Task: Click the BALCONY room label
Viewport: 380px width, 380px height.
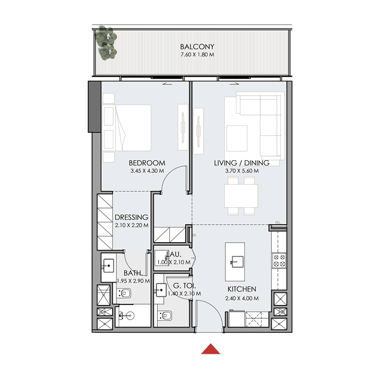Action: (197, 47)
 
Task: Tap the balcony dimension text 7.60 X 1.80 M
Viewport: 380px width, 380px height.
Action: (197, 55)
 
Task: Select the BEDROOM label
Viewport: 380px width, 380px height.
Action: (146, 162)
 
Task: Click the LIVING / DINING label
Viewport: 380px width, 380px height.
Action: (242, 162)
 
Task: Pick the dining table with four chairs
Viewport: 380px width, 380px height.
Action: (241, 195)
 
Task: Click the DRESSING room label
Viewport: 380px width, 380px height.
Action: (132, 218)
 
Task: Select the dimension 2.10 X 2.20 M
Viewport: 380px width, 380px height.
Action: (132, 226)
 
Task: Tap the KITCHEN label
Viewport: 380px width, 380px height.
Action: (242, 289)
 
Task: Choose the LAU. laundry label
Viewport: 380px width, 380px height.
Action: (173, 255)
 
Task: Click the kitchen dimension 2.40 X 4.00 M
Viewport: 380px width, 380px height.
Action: (242, 298)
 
